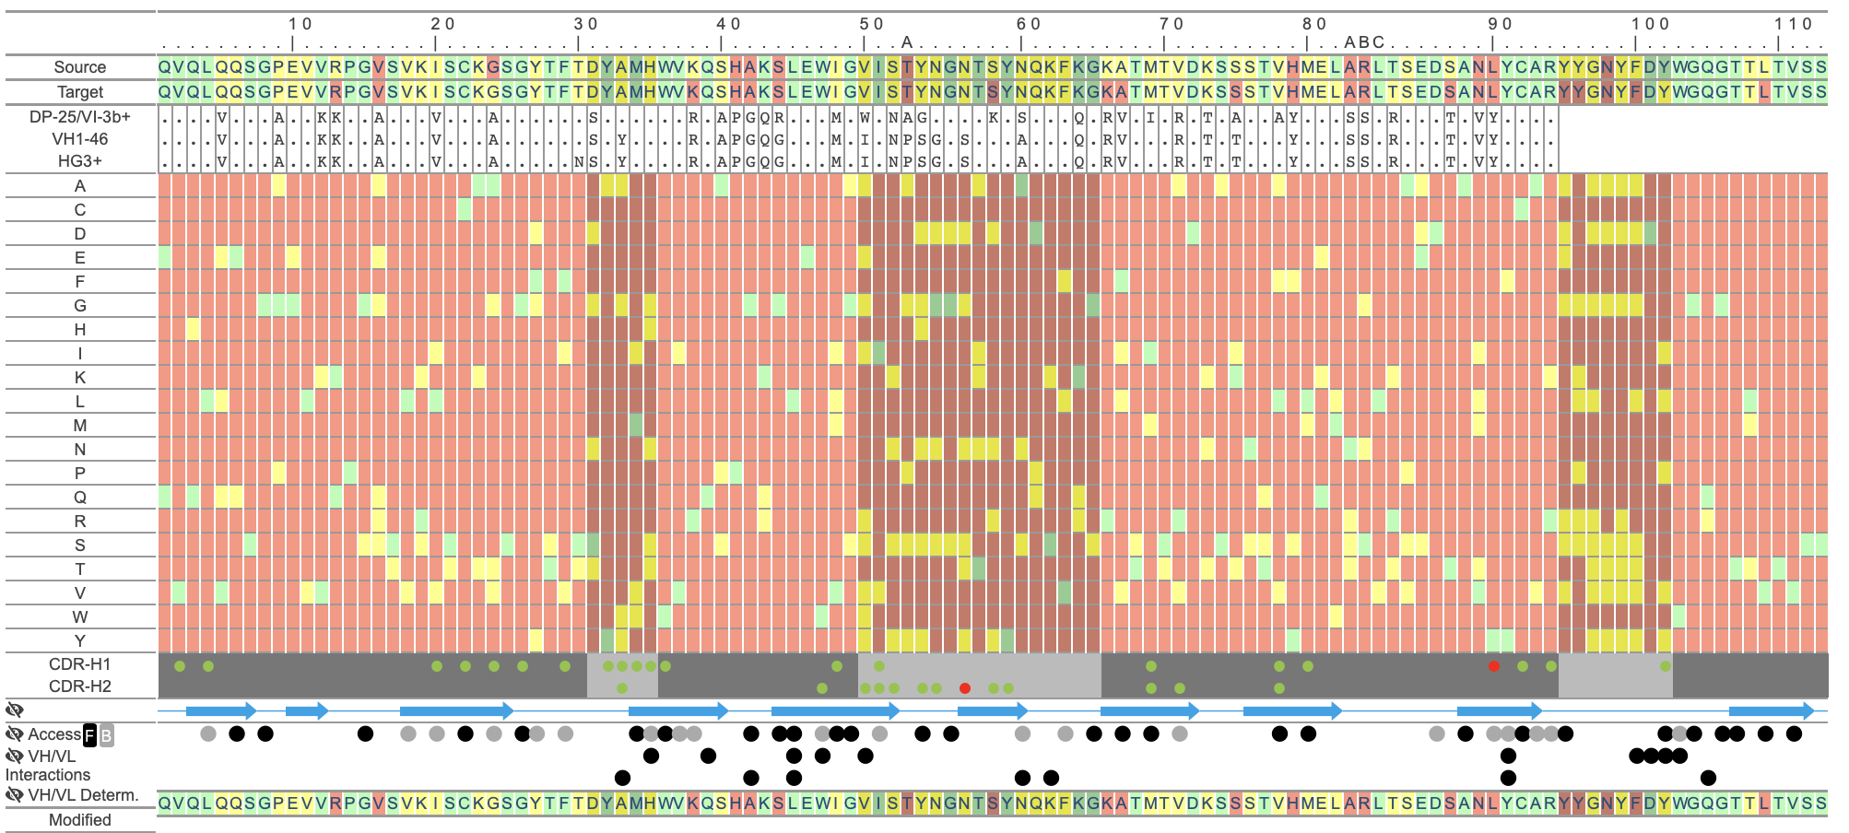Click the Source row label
coord(79,67)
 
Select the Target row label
coord(79,92)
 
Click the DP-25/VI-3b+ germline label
coord(79,117)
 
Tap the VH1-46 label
coord(79,139)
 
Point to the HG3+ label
coord(79,161)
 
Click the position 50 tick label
coord(871,24)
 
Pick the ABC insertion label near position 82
coord(1364,42)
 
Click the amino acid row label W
coord(79,617)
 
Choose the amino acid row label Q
coord(79,498)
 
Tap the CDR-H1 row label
coord(79,664)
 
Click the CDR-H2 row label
coord(79,686)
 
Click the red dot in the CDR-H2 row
coord(965,688)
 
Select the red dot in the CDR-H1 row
coord(1494,666)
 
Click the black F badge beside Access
coord(89,735)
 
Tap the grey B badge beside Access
coord(106,735)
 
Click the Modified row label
coord(79,820)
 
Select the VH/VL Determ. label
coord(83,795)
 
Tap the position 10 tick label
coord(300,24)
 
